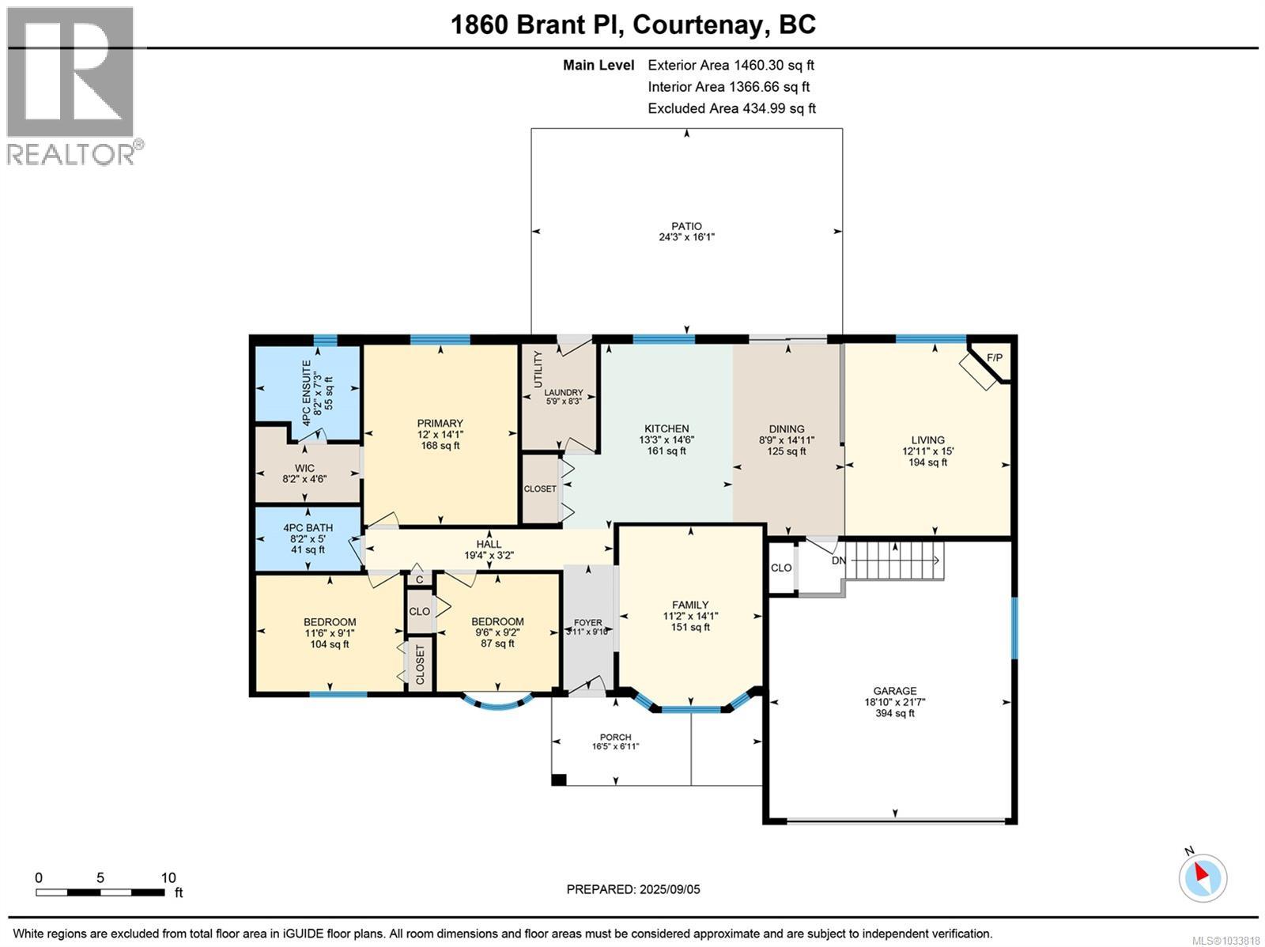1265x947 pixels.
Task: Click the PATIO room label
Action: (x=686, y=226)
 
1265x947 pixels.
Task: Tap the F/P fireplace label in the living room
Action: (x=994, y=358)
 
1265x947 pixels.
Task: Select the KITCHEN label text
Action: (x=666, y=428)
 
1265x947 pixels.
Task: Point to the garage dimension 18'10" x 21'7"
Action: (x=894, y=702)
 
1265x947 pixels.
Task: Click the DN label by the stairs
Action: (x=839, y=560)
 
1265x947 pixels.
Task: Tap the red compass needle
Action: (x=1201, y=873)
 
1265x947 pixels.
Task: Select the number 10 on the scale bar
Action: (x=168, y=878)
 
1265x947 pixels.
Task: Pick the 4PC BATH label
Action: (x=308, y=527)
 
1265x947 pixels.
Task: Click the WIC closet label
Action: (x=304, y=468)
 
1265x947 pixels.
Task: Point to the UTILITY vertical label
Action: (x=538, y=369)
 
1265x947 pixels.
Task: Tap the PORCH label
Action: (x=615, y=737)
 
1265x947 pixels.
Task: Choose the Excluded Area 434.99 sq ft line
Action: (x=731, y=108)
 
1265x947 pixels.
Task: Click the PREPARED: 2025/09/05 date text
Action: (x=633, y=889)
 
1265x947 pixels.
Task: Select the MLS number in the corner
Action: (x=1225, y=941)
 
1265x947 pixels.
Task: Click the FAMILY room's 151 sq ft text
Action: (x=690, y=627)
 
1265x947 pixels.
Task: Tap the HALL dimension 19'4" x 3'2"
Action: (x=489, y=555)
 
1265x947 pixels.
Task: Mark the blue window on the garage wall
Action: (x=1014, y=628)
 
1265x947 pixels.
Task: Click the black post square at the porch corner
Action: (x=558, y=780)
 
